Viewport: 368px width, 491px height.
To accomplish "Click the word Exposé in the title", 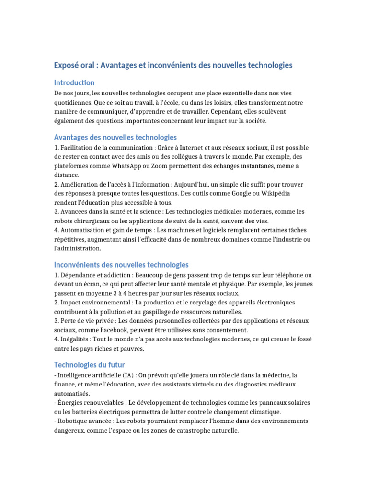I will (68, 65).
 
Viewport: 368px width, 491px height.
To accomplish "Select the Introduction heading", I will (74, 82).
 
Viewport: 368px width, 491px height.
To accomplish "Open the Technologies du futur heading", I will (89, 365).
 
